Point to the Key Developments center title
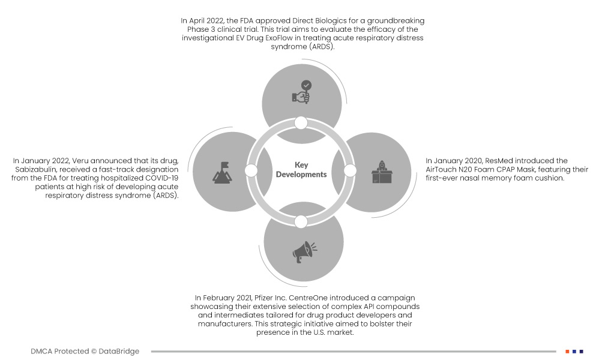tap(301, 170)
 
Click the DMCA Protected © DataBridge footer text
tap(85, 351)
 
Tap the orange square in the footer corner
tap(567, 351)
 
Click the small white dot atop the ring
tap(301, 122)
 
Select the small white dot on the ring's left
tap(251, 171)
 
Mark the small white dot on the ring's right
tap(351, 171)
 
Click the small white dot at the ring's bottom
tap(301, 221)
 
